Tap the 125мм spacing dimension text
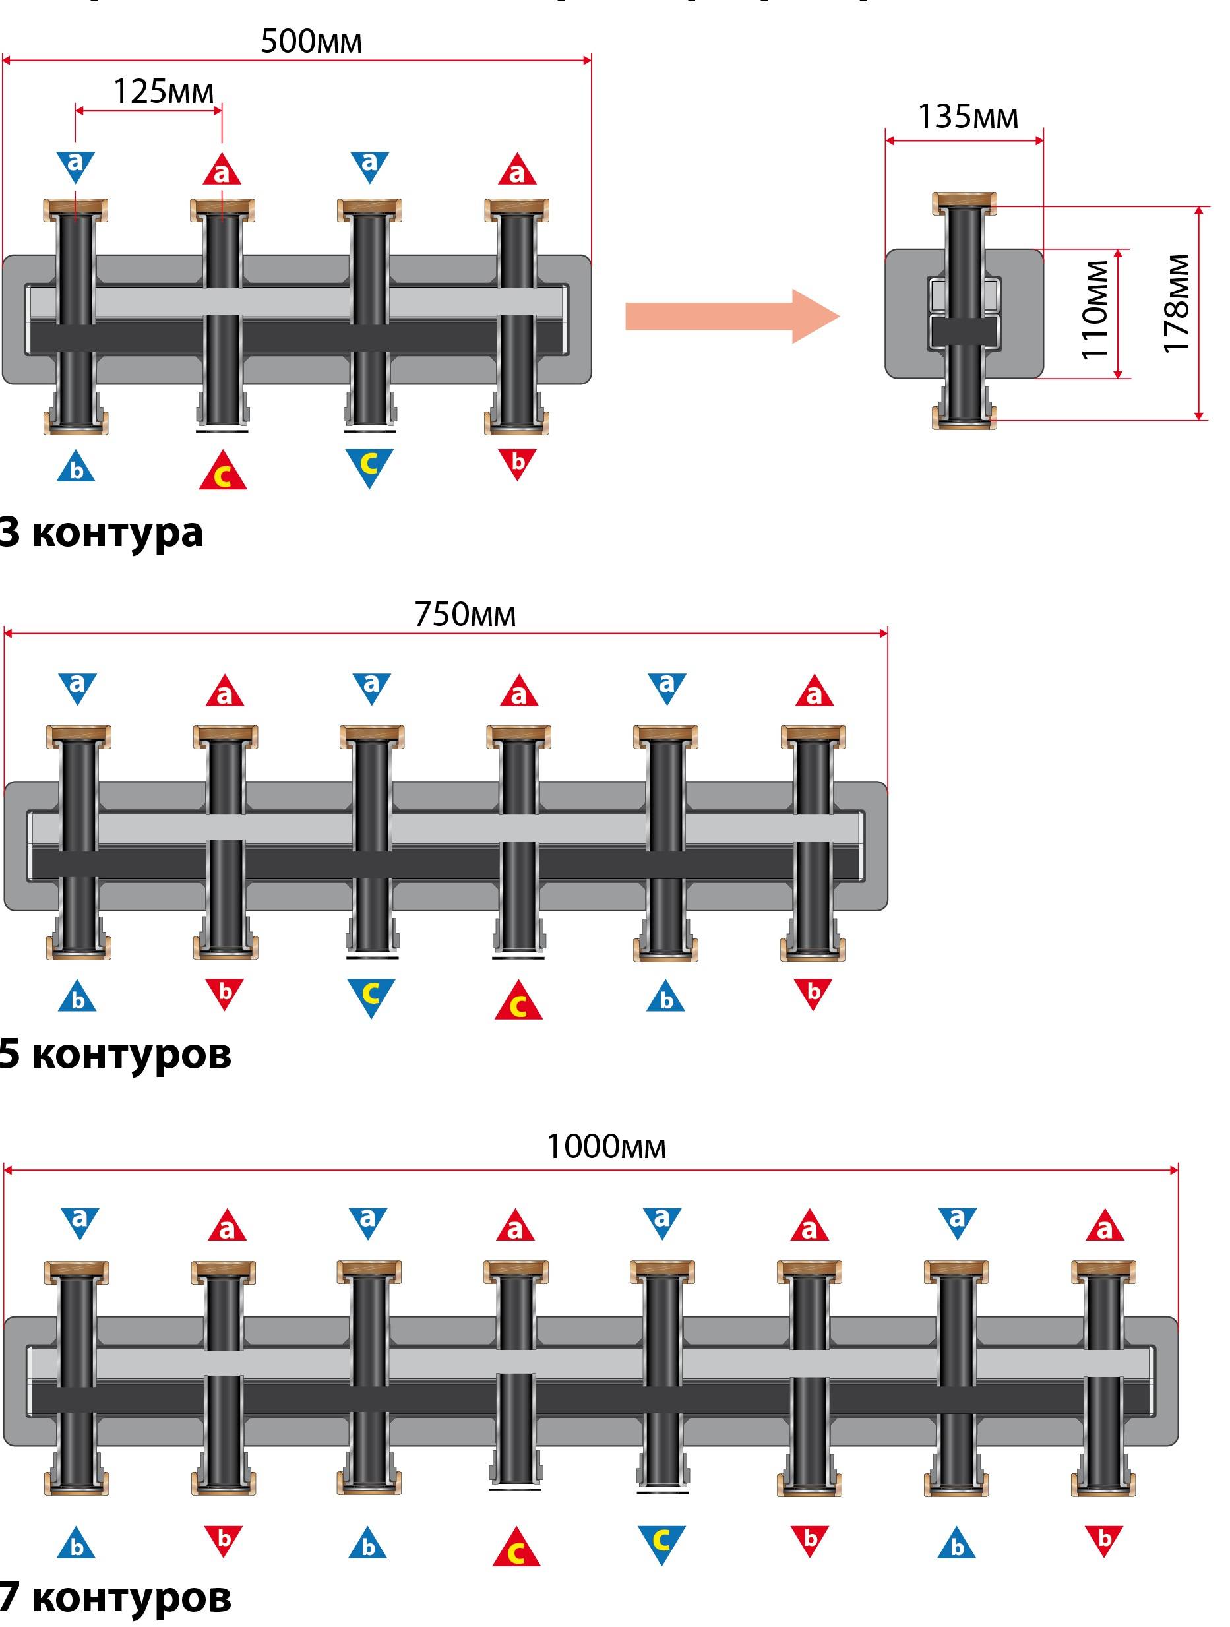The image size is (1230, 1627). pos(164,92)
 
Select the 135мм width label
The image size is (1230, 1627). pos(968,117)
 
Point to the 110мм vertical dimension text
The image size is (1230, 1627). pos(1095,310)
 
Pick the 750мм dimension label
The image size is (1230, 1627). pos(465,614)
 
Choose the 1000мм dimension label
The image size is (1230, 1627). pos(605,1147)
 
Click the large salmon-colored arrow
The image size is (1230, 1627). pos(732,317)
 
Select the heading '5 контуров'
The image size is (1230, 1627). pos(115,1055)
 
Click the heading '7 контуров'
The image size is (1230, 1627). pos(115,1597)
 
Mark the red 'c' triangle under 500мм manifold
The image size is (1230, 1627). pos(222,473)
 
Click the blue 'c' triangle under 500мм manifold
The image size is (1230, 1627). pos(369,466)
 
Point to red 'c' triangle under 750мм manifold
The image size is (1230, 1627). pos(518,1002)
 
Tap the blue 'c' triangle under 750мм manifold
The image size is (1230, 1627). pos(371,995)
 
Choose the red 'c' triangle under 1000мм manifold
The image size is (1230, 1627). pos(516,1549)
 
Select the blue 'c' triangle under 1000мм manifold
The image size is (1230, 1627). pos(661,1543)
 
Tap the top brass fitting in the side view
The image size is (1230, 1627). pos(964,202)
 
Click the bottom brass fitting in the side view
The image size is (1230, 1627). pos(964,419)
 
